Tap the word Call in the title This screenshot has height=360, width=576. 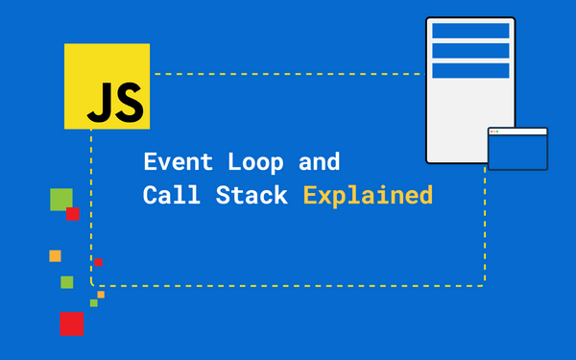pos(163,195)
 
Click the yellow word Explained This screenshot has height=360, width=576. pos(368,196)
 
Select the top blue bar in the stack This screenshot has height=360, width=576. pos(470,31)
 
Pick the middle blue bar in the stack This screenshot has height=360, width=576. pos(470,51)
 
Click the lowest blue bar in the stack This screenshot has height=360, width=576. pos(470,70)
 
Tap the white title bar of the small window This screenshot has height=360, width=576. pos(518,131)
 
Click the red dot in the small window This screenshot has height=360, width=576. pos(492,131)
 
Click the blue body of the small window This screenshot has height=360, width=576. pos(517,152)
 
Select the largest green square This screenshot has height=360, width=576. pos(60,199)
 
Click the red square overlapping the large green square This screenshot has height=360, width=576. pos(73,214)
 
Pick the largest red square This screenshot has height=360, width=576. pos(72,324)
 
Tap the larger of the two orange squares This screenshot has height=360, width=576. pos(55,255)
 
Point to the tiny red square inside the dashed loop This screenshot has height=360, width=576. pos(98,262)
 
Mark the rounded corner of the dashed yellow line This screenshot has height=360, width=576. pos(94,283)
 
